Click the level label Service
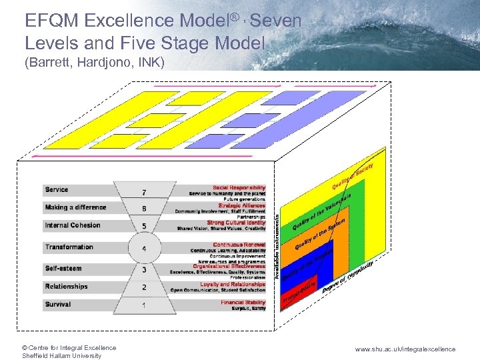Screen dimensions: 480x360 (57, 190)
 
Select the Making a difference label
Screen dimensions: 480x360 (75, 207)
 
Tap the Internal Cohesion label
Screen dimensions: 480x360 (73, 225)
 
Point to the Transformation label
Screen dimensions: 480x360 (69, 247)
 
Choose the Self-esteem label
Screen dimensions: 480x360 (63, 269)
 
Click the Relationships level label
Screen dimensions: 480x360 (66, 287)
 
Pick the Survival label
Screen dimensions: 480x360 (58, 305)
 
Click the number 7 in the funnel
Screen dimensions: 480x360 (145, 193)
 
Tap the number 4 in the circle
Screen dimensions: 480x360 (145, 249)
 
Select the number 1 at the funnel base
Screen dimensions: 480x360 (145, 305)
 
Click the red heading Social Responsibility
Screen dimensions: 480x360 (239, 187)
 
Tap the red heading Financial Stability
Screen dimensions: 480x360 (243, 303)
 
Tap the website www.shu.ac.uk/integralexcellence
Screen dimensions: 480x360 (405, 349)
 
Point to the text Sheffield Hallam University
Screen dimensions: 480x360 (61, 355)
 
